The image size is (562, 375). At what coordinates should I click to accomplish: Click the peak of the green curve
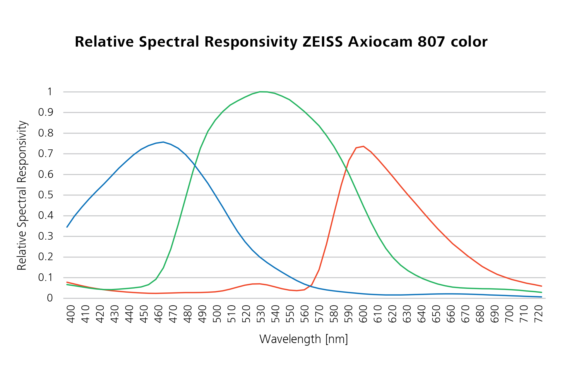260,92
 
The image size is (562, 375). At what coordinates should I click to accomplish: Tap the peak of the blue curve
163,142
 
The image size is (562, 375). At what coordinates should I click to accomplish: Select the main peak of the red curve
363,146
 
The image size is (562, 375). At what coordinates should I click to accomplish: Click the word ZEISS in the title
323,42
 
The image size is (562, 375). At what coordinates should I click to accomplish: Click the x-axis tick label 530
261,314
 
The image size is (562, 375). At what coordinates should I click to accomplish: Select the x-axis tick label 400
71,314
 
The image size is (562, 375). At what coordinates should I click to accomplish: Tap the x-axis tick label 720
538,314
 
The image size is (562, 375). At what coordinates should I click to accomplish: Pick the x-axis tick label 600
363,314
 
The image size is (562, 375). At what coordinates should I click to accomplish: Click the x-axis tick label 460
158,314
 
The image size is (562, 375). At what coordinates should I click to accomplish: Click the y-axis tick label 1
50,92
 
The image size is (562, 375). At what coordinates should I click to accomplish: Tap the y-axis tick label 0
50,298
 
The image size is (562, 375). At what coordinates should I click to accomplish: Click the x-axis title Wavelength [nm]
304,339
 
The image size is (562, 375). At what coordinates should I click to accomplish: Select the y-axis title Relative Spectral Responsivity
22,195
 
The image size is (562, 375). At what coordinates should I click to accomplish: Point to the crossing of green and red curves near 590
347,169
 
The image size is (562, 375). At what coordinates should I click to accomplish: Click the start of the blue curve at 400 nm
67,227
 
